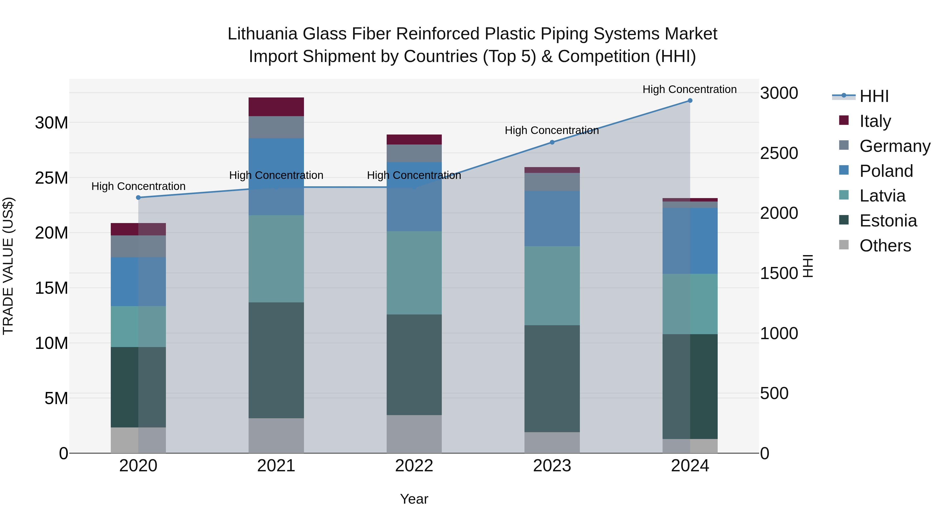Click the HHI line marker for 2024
pos(690,101)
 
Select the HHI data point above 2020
pos(138,198)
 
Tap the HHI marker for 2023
pos(552,142)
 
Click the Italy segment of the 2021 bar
pos(276,107)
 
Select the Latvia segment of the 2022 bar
pos(414,272)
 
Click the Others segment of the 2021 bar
pos(276,435)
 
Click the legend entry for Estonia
pos(888,221)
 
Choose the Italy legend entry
pos(875,121)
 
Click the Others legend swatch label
pos(885,246)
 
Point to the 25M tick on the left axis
pos(51,178)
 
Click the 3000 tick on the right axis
pos(779,93)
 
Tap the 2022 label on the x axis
pos(414,466)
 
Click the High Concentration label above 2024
pos(689,89)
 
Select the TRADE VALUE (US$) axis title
pos(8,266)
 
